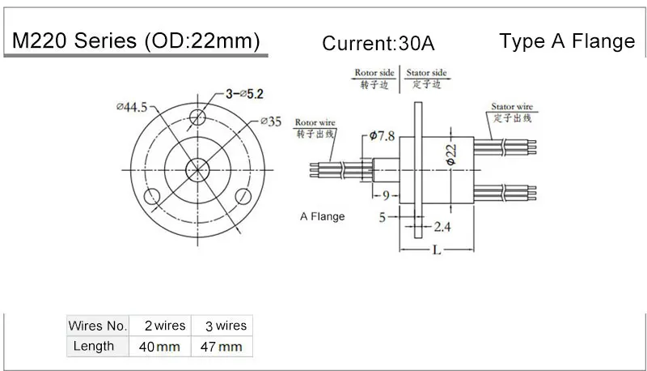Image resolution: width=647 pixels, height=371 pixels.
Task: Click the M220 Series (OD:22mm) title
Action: coord(135,42)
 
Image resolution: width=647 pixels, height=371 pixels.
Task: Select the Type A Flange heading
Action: coord(567,41)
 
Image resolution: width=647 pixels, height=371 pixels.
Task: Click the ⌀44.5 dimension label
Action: coord(132,106)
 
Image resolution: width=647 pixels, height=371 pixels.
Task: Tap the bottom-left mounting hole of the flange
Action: coord(151,196)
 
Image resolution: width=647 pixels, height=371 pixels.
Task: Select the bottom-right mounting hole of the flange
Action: coord(242,196)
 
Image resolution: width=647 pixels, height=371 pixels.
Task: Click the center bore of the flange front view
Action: coord(197,169)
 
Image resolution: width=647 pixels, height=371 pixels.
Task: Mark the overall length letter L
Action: coord(436,250)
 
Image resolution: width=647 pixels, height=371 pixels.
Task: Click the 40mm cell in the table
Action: coord(159,347)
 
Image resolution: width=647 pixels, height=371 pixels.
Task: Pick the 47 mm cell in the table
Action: coord(221,347)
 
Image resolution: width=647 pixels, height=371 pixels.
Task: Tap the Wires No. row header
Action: coord(98,326)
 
